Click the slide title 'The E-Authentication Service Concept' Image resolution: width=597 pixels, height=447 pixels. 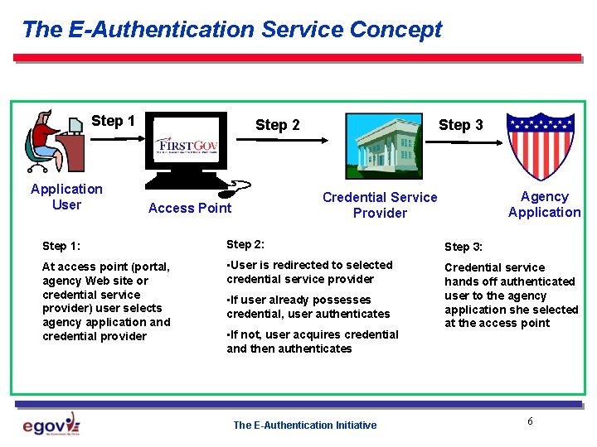232,30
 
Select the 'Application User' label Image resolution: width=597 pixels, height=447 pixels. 66,197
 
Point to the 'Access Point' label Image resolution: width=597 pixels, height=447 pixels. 190,208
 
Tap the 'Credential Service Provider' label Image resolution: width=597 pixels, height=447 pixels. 380,204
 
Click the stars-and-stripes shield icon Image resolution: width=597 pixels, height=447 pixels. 540,146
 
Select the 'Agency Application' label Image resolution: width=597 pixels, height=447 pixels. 544,204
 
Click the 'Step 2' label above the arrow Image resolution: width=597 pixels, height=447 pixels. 278,125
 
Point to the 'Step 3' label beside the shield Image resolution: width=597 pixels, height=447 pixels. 460,125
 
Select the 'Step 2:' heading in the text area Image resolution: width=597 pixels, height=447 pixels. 245,244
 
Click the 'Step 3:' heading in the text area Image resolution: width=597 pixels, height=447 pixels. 464,247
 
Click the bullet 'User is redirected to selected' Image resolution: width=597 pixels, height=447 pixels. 309,265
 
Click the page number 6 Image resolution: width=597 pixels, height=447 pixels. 530,422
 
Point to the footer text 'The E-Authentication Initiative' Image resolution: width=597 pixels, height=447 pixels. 304,425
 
